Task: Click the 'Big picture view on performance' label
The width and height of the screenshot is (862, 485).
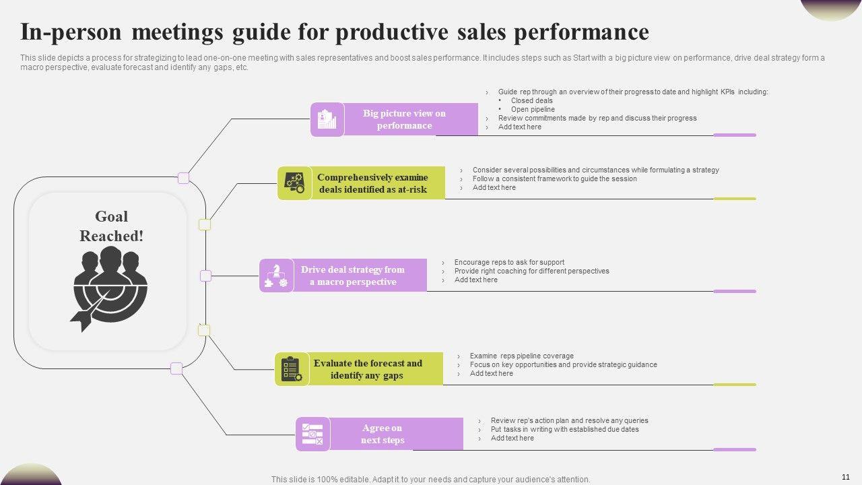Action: tap(404, 119)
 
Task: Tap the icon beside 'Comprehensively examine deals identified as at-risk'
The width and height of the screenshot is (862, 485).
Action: tap(294, 183)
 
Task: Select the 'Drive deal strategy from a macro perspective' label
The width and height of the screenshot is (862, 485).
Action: tap(353, 276)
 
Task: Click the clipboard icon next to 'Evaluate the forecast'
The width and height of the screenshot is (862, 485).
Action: tap(292, 369)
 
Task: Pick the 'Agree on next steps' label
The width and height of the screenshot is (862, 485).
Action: tap(382, 434)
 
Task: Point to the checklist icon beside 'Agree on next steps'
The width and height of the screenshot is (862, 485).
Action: tap(312, 434)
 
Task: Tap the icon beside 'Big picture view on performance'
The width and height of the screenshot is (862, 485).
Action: tap(327, 119)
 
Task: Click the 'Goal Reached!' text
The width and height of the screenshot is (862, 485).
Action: tap(111, 226)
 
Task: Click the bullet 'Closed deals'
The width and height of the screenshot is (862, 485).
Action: tap(531, 100)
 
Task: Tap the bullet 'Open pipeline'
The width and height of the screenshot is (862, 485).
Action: tap(533, 109)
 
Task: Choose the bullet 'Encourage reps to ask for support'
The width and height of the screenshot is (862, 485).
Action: tap(509, 262)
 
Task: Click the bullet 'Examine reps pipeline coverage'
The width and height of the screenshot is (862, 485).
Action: tap(521, 356)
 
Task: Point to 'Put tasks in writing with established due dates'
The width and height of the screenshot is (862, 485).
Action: tap(564, 429)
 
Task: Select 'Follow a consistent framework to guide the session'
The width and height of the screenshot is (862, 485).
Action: tap(554, 179)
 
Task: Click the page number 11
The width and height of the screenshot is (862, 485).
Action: tap(846, 476)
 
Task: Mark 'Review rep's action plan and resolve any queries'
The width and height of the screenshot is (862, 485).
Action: tap(569, 420)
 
